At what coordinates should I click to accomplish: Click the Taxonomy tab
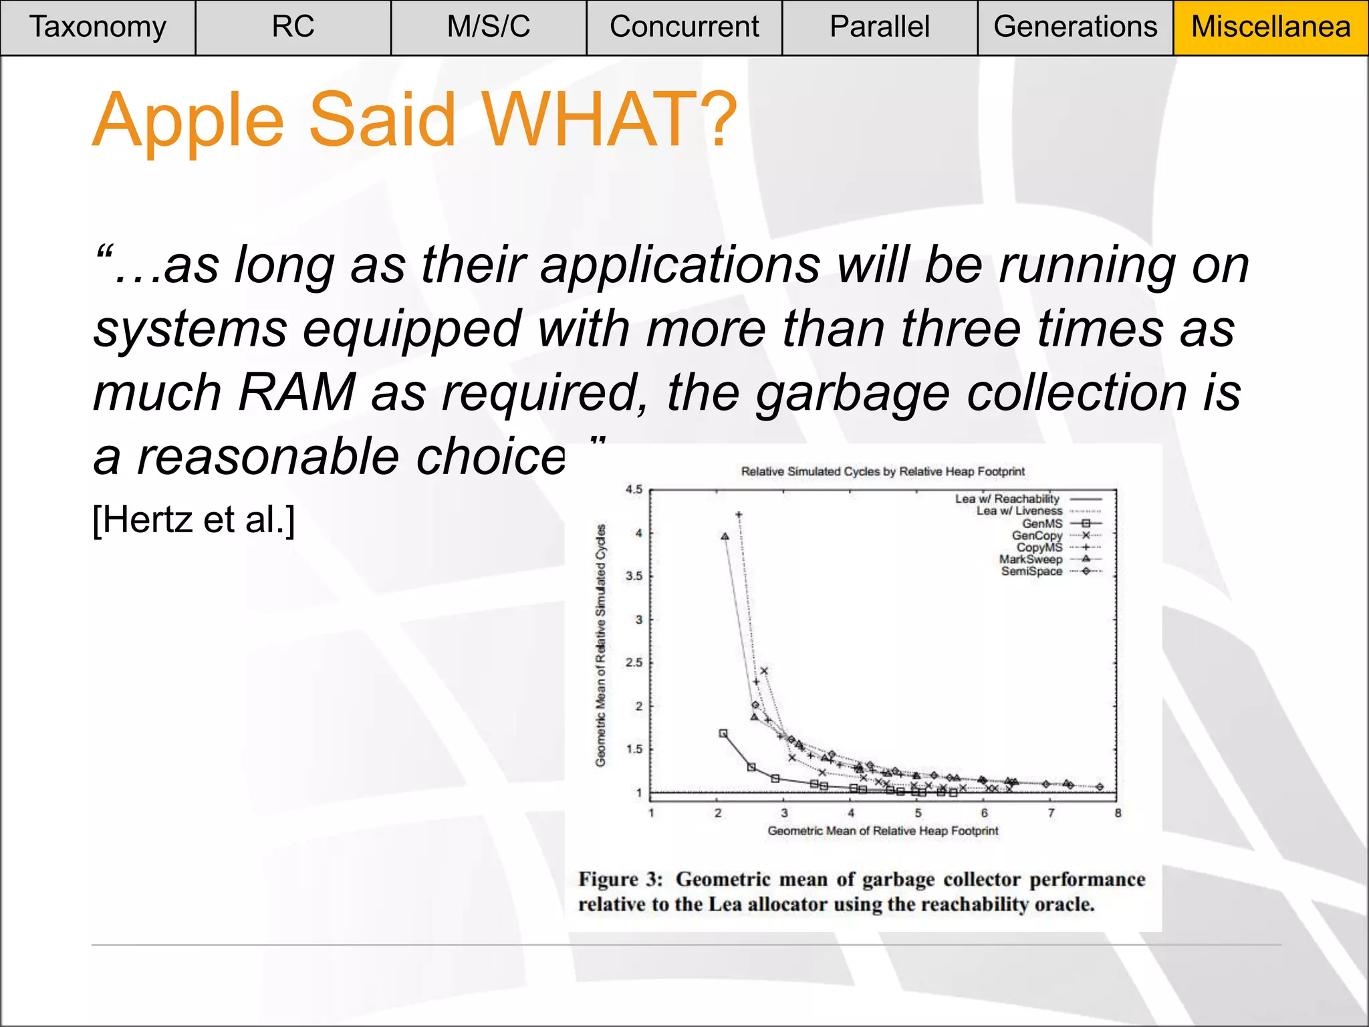point(98,27)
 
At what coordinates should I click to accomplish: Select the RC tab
point(293,27)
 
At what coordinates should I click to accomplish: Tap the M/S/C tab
point(489,27)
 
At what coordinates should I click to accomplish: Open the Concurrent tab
point(684,27)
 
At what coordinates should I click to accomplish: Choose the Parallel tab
point(880,27)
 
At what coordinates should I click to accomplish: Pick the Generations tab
point(1075,27)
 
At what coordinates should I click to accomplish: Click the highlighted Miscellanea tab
point(1271,27)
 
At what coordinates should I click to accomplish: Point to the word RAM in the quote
point(296,392)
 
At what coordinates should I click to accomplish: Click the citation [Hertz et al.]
point(194,520)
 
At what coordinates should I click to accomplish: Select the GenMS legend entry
point(1042,524)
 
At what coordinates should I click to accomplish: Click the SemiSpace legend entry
point(1032,571)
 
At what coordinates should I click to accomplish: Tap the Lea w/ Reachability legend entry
point(1007,499)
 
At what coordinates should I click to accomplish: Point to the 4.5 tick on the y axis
point(634,489)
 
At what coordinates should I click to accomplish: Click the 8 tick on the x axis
point(1118,814)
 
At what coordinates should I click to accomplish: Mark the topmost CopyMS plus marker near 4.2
point(739,515)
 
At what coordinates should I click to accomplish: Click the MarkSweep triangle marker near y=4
point(725,536)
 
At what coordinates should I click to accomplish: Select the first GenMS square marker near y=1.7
point(723,733)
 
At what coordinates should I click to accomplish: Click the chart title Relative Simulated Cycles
point(882,471)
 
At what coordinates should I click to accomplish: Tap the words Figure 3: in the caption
point(620,879)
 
